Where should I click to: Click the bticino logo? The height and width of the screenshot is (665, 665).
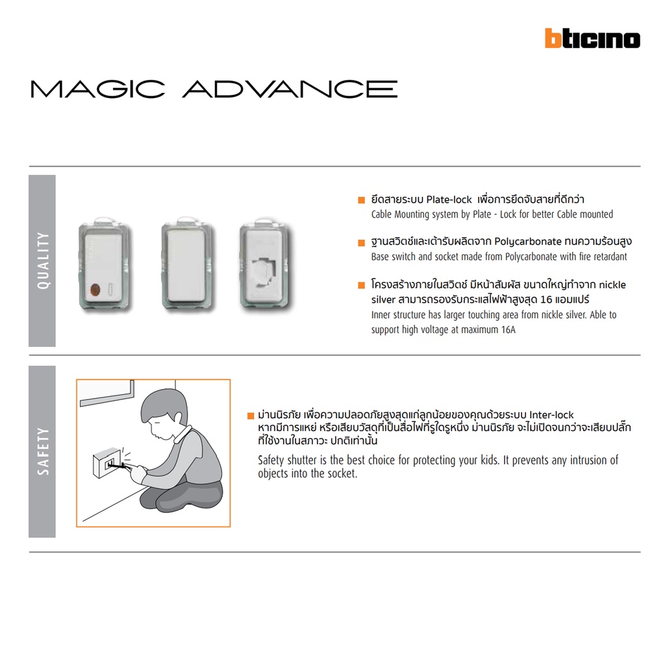pos(592,38)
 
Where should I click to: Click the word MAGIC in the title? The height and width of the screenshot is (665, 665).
pos(97,89)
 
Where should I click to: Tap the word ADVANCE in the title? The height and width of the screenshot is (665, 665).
pos(290,89)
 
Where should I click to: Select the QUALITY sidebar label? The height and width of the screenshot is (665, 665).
pos(43,260)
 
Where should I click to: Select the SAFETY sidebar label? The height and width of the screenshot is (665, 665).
pos(43,451)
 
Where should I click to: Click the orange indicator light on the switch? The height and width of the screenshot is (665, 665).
pos(95,290)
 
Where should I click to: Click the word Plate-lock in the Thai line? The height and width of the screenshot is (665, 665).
pos(449,199)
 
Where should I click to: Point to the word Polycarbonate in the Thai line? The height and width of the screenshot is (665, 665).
pos(527,242)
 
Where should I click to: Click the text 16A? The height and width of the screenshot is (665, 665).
pos(508,329)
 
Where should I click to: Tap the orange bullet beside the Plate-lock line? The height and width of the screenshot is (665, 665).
pos(361,200)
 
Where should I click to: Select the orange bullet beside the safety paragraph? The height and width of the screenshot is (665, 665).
pos(251,416)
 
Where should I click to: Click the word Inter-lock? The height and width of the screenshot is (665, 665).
pos(551,415)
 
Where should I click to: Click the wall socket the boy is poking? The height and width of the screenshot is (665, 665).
pos(107,462)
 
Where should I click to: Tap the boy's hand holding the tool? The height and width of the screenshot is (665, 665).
pos(138,471)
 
